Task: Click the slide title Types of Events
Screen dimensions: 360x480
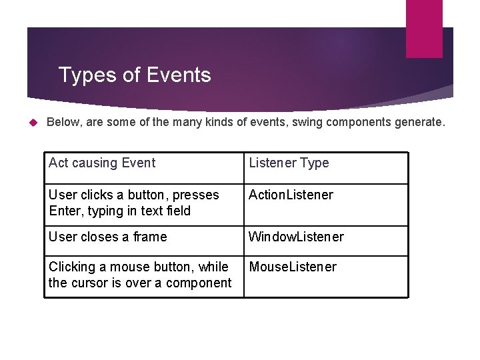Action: tap(135, 75)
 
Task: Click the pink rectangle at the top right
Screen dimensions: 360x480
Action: tap(424, 28)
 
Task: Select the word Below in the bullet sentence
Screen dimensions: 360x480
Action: tap(63, 123)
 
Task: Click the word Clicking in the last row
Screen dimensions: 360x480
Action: tap(72, 267)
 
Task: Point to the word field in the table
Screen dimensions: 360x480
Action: tap(177, 211)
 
